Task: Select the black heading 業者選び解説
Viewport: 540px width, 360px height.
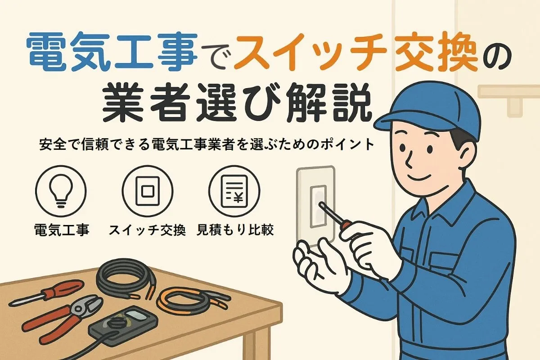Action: (237, 103)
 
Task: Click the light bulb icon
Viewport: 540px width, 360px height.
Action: (61, 191)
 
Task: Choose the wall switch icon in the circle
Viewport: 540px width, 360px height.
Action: (148, 191)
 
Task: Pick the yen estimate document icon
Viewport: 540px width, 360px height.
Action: (234, 191)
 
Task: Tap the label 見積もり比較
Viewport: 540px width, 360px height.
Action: (235, 230)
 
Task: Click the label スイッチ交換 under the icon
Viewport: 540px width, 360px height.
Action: (147, 230)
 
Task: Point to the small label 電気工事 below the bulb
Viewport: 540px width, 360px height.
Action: (62, 230)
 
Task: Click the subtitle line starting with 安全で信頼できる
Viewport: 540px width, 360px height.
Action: (207, 145)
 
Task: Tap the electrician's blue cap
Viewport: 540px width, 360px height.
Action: (427, 112)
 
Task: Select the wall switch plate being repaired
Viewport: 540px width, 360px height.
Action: (316, 207)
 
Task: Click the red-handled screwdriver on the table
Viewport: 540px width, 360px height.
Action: (46, 292)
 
